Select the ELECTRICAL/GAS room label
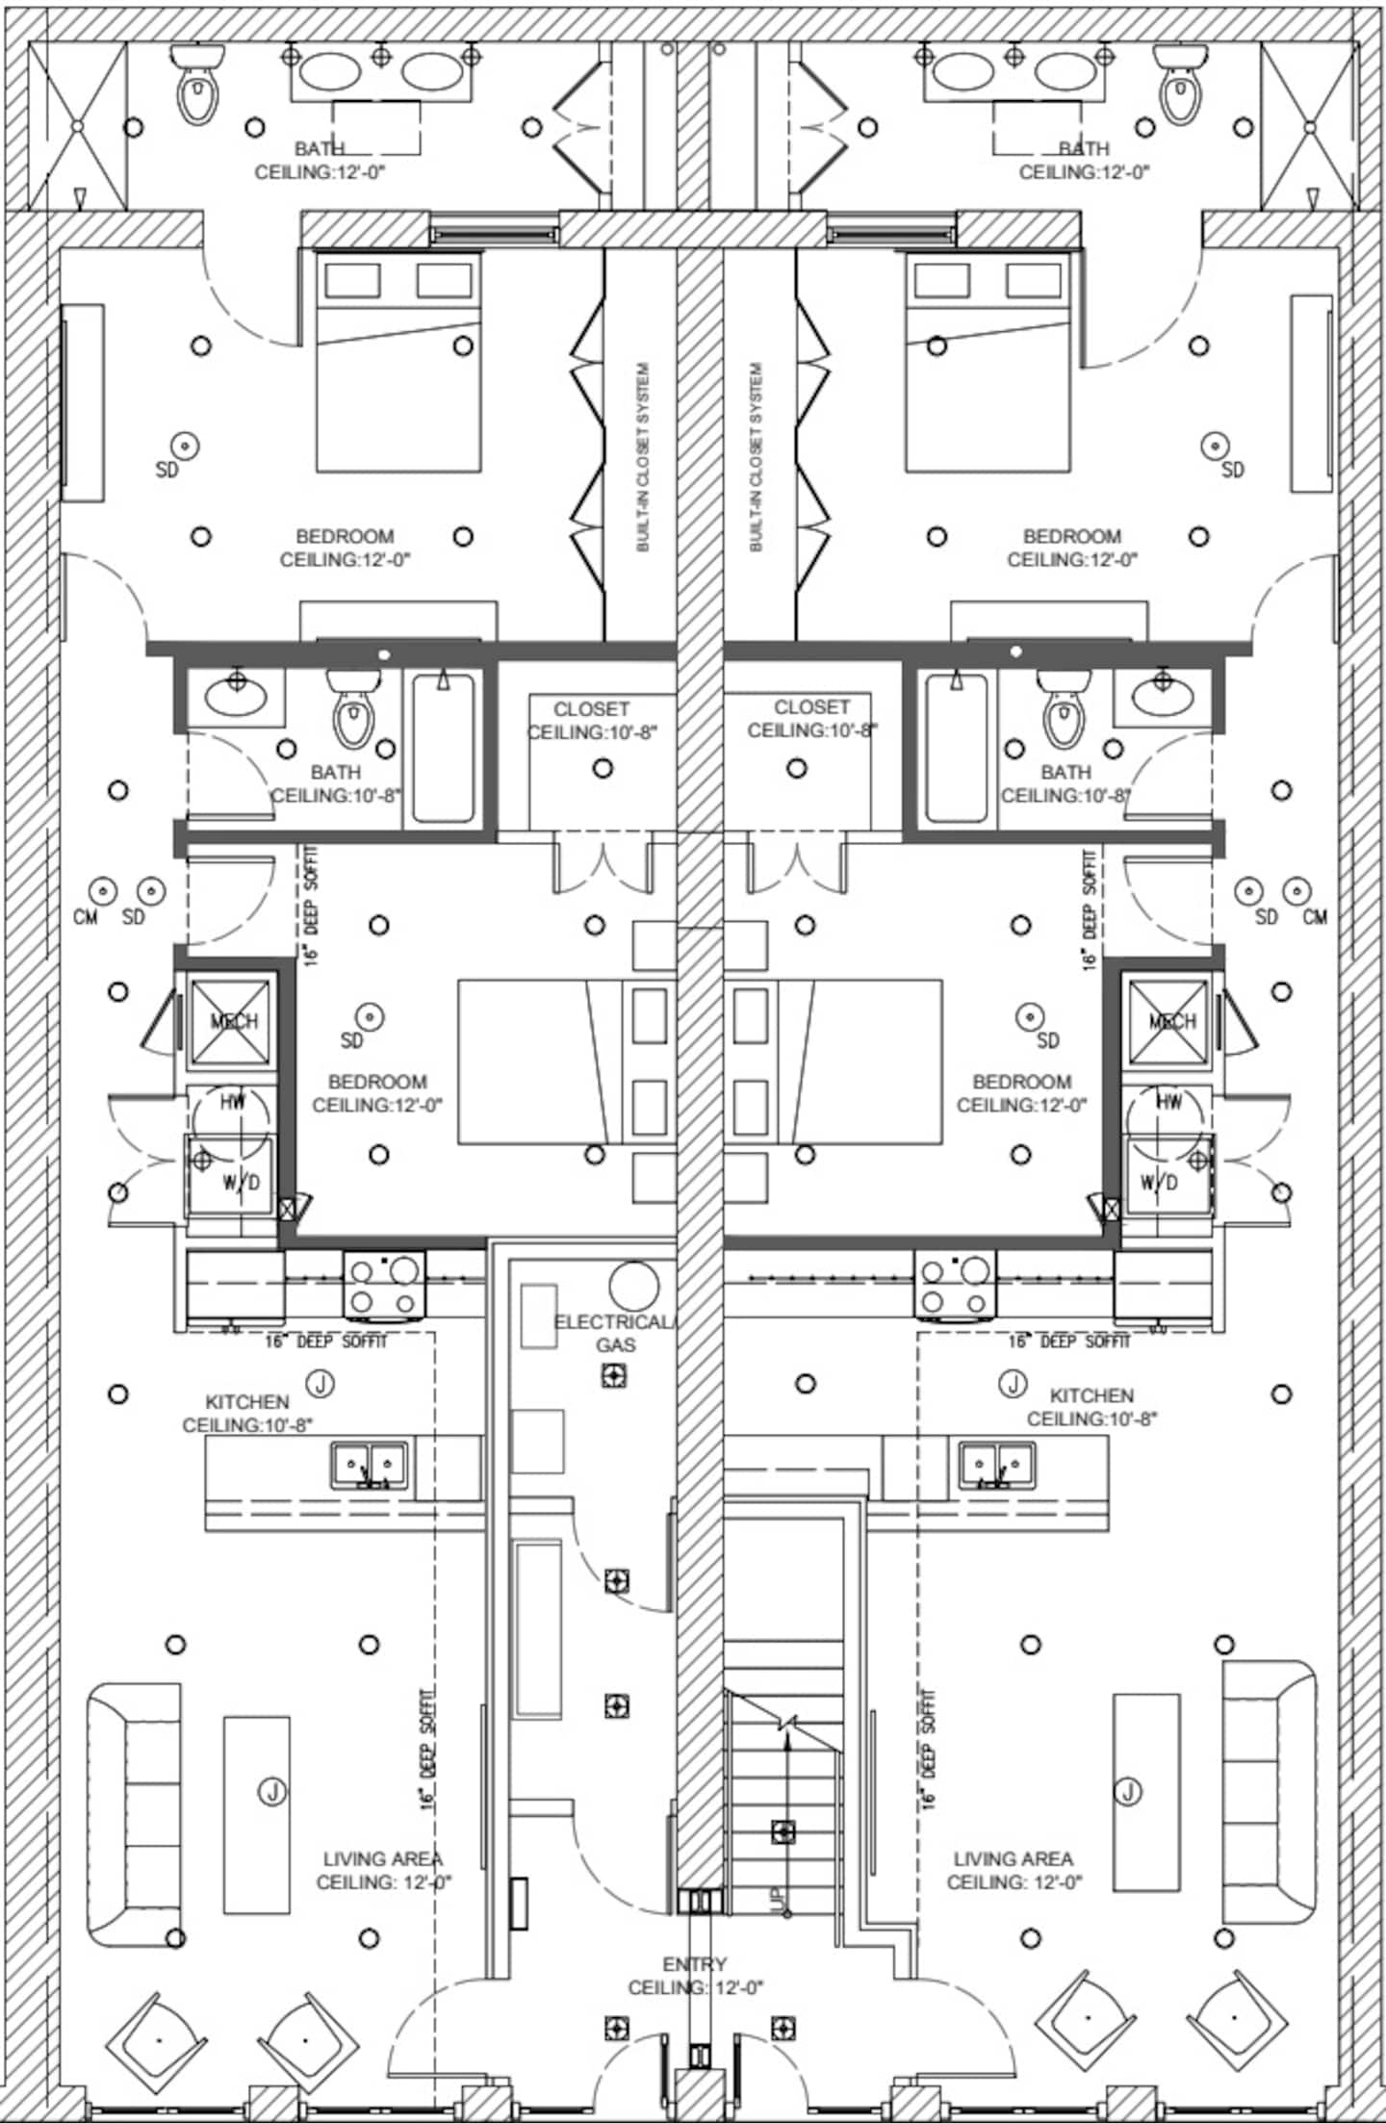[x=615, y=1333]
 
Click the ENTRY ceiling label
[x=695, y=1975]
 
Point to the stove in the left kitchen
[x=385, y=1286]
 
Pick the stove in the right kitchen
[x=954, y=1286]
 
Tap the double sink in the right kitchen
[x=996, y=1466]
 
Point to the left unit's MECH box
[x=231, y=1022]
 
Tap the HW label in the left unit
[x=232, y=1103]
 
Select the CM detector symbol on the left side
[x=103, y=891]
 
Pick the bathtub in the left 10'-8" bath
[x=443, y=749]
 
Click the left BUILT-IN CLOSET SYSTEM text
[x=643, y=457]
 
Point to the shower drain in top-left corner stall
[x=78, y=126]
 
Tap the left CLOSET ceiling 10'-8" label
[x=591, y=721]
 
